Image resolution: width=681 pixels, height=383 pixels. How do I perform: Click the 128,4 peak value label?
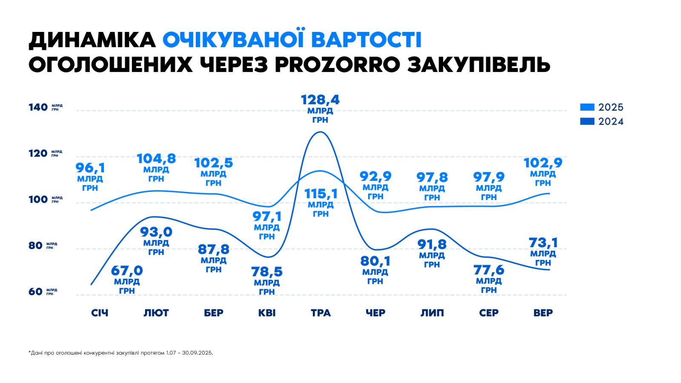[x=320, y=100]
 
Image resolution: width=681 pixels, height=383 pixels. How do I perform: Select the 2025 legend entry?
[x=601, y=107]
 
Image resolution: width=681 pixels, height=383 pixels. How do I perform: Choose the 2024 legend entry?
[x=601, y=121]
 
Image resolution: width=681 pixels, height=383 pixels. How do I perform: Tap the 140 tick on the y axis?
[x=38, y=107]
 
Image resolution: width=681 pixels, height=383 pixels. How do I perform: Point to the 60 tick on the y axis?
[x=36, y=292]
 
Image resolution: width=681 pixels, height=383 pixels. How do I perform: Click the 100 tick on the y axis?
[x=38, y=199]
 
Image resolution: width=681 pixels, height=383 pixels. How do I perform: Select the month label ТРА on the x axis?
[x=320, y=313]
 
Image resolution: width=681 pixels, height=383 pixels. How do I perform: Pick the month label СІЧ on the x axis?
[x=100, y=313]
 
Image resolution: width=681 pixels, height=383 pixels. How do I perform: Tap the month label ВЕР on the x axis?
[x=543, y=313]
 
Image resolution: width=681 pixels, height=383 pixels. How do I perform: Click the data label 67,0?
[x=127, y=271]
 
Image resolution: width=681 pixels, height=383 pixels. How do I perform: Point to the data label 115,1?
[x=321, y=194]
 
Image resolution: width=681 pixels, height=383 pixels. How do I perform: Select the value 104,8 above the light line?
[x=156, y=159]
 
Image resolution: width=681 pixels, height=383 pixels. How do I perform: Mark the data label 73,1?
[x=543, y=243]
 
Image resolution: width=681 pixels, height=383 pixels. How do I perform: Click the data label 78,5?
[x=267, y=272]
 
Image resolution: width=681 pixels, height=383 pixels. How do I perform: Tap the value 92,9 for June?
[x=375, y=176]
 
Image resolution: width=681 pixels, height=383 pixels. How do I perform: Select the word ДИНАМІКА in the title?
[x=92, y=40]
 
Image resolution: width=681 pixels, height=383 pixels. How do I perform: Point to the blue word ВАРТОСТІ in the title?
[x=366, y=40]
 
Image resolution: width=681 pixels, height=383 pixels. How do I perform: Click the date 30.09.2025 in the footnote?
[x=197, y=353]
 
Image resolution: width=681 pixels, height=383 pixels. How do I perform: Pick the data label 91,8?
[x=432, y=244]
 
